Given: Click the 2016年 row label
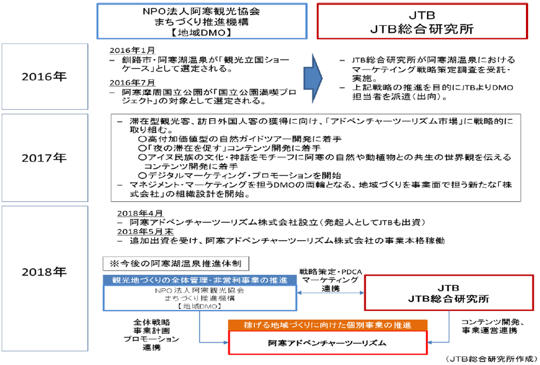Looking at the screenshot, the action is click(x=44, y=76).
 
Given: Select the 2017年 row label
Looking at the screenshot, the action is click(x=44, y=157).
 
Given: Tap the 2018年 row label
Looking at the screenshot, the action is click(x=44, y=272).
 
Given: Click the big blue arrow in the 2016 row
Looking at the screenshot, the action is click(x=313, y=78).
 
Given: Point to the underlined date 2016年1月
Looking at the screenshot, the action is click(x=132, y=50).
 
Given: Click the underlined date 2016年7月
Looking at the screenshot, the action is click(x=132, y=83).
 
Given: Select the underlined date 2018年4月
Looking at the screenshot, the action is click(x=140, y=214).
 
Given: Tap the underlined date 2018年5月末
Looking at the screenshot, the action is click(x=145, y=231).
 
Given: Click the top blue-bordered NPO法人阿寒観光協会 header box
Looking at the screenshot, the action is click(x=202, y=21).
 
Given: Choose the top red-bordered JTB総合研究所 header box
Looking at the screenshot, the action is click(x=422, y=21).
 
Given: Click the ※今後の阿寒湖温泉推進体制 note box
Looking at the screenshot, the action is click(x=175, y=264).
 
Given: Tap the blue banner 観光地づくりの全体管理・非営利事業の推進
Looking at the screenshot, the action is click(x=200, y=280).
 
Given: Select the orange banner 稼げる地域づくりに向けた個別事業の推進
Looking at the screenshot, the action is click(x=327, y=326).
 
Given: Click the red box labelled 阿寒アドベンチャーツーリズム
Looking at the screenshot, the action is click(x=327, y=343).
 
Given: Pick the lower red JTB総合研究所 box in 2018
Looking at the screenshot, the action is click(x=449, y=293).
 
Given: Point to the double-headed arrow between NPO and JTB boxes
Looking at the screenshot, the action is click(x=331, y=293).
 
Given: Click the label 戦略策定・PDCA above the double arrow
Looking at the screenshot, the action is click(x=331, y=272).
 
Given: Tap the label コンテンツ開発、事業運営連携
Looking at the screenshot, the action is click(x=493, y=326).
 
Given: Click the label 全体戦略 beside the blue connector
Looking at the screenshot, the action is click(x=151, y=322).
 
